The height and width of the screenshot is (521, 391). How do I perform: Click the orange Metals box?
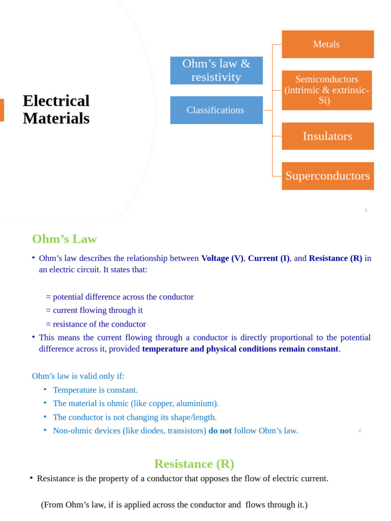[x=327, y=44]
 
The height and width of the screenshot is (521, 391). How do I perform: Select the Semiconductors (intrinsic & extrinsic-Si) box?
[x=326, y=90]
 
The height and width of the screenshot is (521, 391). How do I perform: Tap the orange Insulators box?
[x=327, y=136]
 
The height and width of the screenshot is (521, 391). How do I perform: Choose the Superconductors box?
[x=327, y=176]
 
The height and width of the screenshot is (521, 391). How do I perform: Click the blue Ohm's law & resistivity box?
[x=216, y=70]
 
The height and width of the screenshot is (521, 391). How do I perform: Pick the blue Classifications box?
[x=216, y=110]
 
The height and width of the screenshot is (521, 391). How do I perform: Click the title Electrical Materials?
[x=56, y=109]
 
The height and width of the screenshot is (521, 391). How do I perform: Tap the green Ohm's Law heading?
[x=64, y=239]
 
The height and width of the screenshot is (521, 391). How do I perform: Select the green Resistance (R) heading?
[x=194, y=464]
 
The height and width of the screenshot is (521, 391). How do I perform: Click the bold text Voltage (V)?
[x=222, y=258]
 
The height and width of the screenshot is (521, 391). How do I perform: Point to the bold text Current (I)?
[x=268, y=258]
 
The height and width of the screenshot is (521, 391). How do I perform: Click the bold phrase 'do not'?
[x=220, y=430]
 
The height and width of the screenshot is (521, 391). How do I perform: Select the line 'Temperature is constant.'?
[x=95, y=390]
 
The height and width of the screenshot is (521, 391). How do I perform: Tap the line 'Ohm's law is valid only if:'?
[x=78, y=376]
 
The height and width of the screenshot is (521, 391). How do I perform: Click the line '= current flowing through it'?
[x=94, y=310]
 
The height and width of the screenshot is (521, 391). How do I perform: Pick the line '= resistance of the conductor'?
[x=96, y=324]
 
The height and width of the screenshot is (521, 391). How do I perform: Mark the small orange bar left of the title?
[x=2, y=110]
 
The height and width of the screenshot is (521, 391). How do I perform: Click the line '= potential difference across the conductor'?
[x=120, y=297]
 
